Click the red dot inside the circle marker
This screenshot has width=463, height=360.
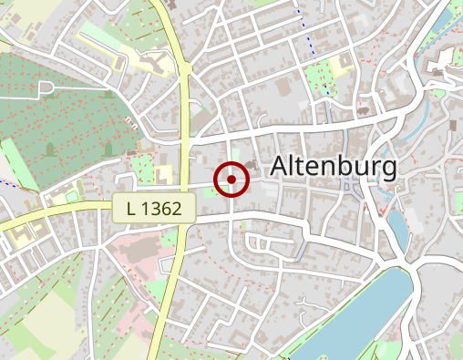point(231,180)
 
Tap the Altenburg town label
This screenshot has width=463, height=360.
point(334,167)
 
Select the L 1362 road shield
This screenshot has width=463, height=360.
point(155,208)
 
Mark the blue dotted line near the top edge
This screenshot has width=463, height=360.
point(313,36)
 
